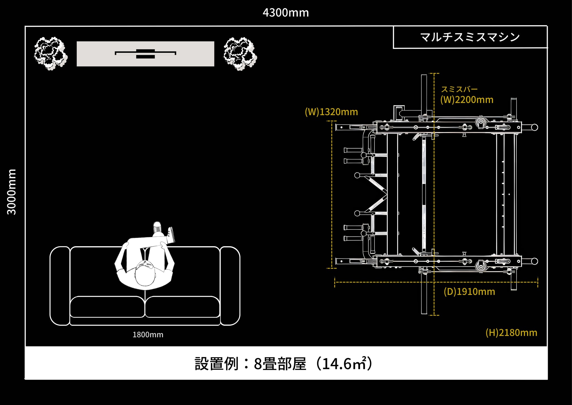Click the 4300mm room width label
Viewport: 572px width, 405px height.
[286, 13]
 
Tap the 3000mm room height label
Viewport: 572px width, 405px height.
[12, 192]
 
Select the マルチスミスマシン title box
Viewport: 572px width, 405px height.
[470, 37]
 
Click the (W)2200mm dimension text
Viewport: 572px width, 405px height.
[467, 100]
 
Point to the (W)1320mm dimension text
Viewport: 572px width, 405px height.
[331, 112]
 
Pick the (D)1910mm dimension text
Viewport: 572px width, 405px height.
[469, 292]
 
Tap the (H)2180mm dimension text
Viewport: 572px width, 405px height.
[511, 333]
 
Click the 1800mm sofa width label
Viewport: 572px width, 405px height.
[148, 335]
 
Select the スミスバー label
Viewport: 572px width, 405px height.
[459, 89]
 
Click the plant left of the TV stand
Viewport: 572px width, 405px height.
[51, 53]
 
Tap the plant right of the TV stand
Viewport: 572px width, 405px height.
[240, 54]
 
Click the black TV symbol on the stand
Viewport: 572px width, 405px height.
[146, 54]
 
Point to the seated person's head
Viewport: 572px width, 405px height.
[145, 274]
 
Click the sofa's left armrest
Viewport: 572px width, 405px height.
[60, 286]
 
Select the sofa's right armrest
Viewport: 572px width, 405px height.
[230, 286]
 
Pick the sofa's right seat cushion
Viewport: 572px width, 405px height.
[182, 307]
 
